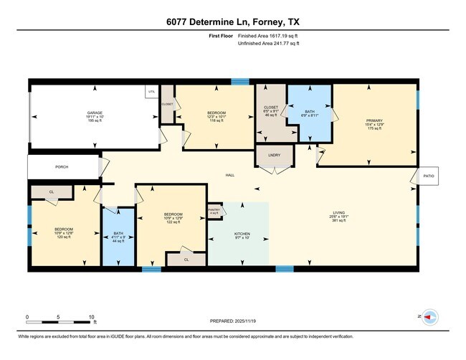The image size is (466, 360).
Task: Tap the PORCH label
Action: coord(62,167)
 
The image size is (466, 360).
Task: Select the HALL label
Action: coord(230,175)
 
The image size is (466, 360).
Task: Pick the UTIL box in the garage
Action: coord(151,92)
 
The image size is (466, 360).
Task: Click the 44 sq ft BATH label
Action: coord(118,236)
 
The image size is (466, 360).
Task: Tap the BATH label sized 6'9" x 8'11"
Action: coord(309,111)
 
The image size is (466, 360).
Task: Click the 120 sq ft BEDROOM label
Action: coord(63,232)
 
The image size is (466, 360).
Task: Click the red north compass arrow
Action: coord(429,316)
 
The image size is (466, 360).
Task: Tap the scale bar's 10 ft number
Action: coord(92,316)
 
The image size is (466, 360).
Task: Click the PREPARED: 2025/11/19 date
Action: coord(233,321)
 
